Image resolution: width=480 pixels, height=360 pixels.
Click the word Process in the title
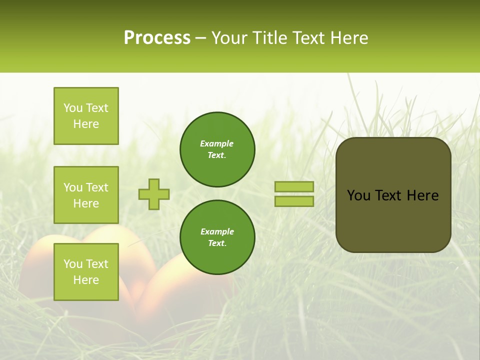coord(157,38)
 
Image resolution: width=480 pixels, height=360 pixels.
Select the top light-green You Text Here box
coord(86,116)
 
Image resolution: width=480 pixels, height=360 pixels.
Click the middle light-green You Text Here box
coord(86,195)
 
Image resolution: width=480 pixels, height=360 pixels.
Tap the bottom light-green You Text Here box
coord(86,272)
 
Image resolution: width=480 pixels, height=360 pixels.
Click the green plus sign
coord(154,194)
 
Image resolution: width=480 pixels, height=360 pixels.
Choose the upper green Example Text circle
coord(217,149)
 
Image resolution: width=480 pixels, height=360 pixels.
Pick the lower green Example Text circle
coord(217,237)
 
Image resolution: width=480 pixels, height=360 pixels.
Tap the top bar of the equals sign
coord(294,186)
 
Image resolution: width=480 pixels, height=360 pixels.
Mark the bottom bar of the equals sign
coord(294,201)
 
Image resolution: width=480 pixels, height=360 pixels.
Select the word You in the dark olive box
coord(359,195)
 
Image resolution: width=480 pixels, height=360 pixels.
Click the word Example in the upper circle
coord(217,143)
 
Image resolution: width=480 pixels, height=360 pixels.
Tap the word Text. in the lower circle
coord(217,243)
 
